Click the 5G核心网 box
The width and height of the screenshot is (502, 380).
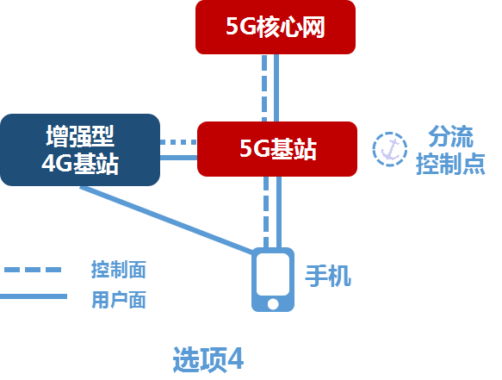click(276, 27)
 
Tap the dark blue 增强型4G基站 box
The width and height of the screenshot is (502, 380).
click(80, 150)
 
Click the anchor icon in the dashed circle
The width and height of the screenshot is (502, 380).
click(389, 149)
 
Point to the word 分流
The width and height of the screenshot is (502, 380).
click(450, 136)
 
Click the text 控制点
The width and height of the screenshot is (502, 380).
click(450, 163)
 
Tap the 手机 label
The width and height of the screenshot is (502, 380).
click(328, 276)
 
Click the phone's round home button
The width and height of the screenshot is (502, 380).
click(273, 303)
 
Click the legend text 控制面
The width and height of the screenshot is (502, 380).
click(118, 269)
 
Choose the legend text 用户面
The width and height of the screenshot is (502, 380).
click(118, 300)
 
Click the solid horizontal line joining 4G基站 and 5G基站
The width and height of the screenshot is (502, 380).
click(179, 156)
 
